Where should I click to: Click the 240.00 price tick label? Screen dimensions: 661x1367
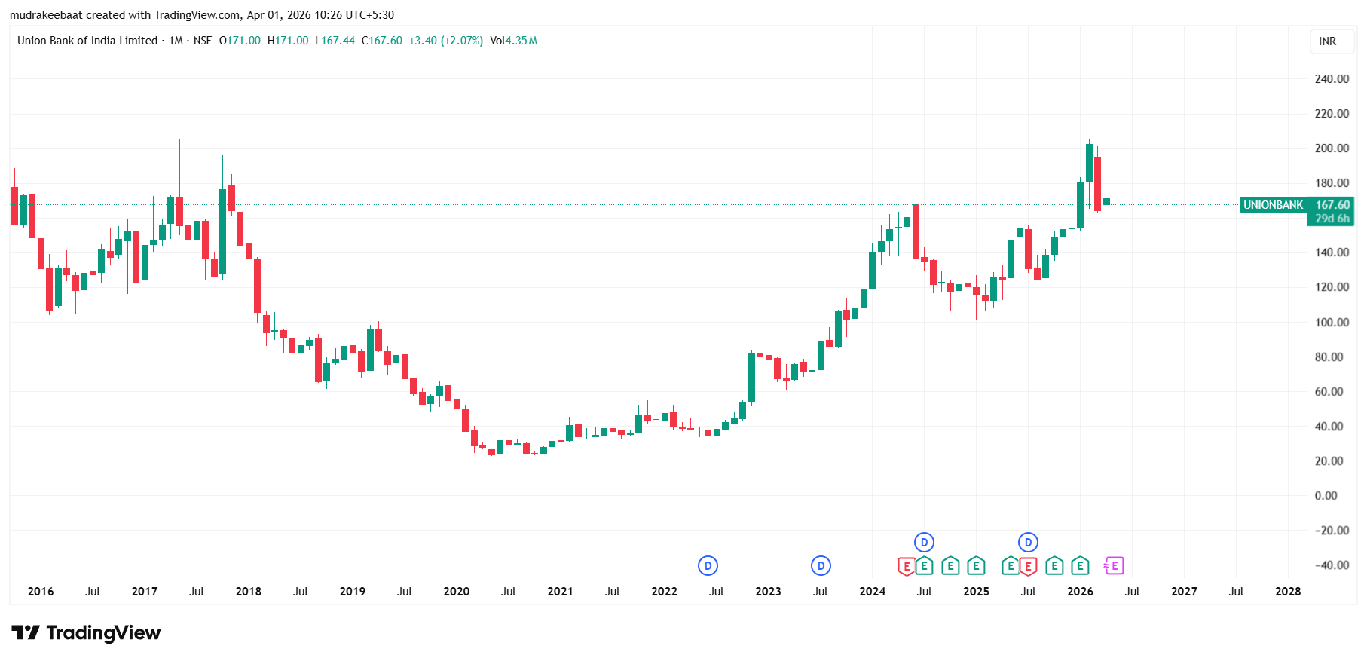tap(1332, 79)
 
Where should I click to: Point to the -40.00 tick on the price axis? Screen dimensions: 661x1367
tap(1332, 565)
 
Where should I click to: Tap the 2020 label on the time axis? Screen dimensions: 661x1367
tap(456, 592)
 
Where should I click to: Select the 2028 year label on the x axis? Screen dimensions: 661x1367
tap(1287, 592)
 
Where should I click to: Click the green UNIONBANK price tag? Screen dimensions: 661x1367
tap(1273, 205)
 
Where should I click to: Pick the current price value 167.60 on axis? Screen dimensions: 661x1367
tap(1332, 205)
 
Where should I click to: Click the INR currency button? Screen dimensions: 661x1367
tap(1327, 41)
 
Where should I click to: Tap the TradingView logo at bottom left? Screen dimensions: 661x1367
tap(86, 633)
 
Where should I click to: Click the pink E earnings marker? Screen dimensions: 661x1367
tap(1114, 565)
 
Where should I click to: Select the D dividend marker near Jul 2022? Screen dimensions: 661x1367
tap(708, 565)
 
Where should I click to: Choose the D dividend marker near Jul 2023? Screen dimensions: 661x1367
tap(821, 565)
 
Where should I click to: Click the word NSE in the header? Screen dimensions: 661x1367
tap(203, 41)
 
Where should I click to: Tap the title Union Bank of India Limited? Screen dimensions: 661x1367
tap(87, 41)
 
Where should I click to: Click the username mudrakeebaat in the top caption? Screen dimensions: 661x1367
tap(46, 15)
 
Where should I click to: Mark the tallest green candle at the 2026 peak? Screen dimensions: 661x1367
tap(1089, 163)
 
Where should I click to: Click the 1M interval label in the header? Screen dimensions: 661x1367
tap(176, 41)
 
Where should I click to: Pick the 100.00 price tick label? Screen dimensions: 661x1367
tap(1332, 323)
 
